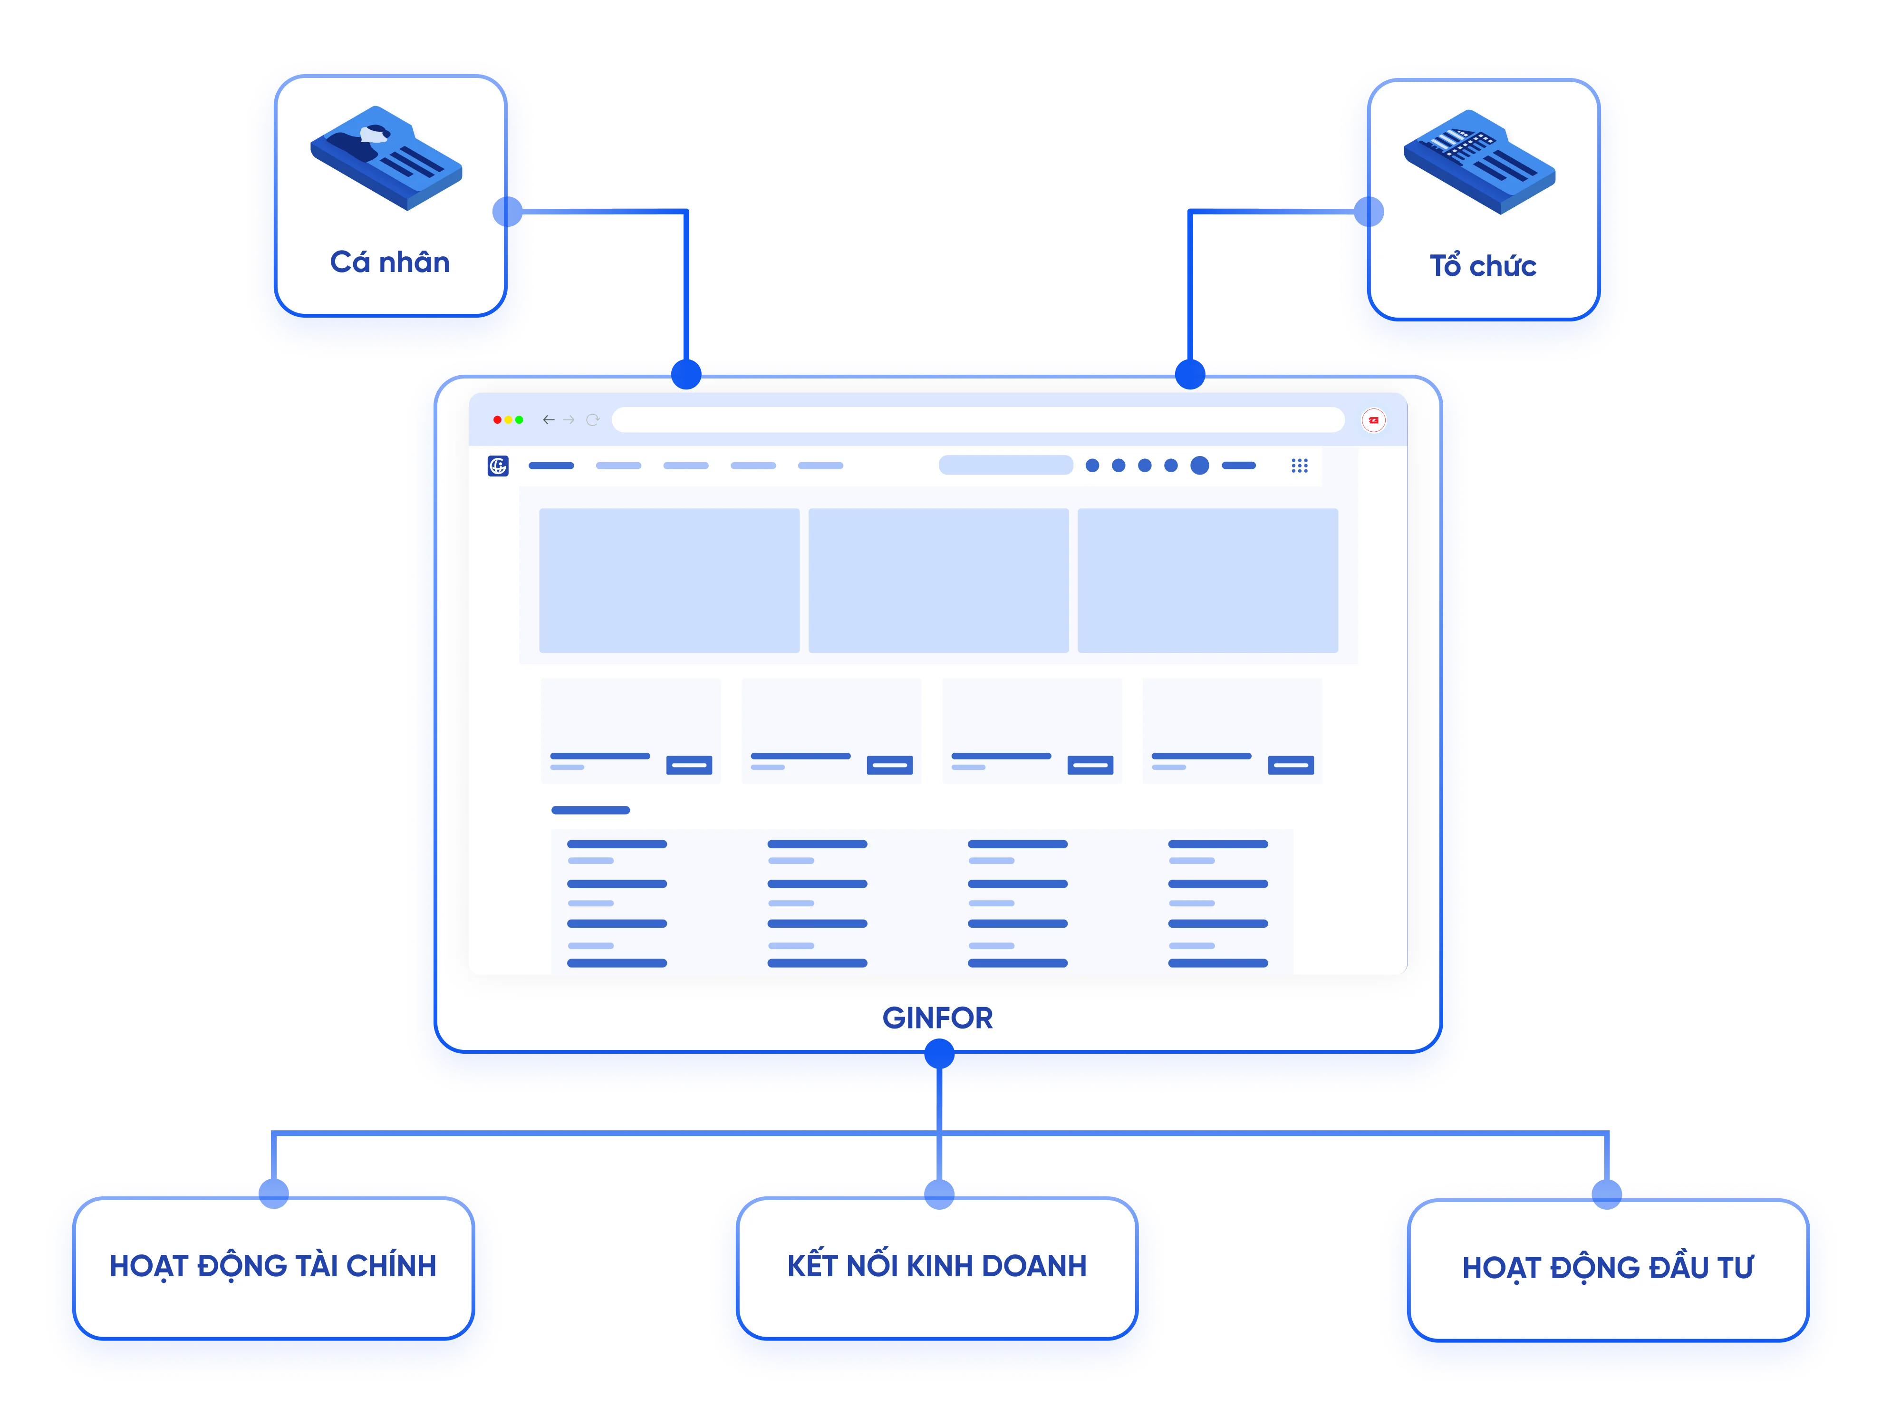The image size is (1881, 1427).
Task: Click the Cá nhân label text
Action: [389, 262]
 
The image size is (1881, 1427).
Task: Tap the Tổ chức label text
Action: [1482, 266]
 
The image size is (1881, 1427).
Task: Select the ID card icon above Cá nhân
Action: [386, 157]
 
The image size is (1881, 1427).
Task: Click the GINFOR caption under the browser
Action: [937, 1018]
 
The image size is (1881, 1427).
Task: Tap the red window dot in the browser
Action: [497, 420]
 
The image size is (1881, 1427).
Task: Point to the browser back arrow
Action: [549, 420]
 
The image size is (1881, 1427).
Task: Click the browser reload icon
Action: [593, 420]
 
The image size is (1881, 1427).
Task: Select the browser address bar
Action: [978, 420]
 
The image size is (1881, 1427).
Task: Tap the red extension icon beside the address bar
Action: [1373, 420]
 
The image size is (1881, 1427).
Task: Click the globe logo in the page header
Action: [498, 466]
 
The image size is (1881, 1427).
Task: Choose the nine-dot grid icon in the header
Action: [1299, 466]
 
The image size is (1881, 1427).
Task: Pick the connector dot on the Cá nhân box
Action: [507, 212]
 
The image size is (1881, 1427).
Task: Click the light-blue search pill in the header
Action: [1006, 465]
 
